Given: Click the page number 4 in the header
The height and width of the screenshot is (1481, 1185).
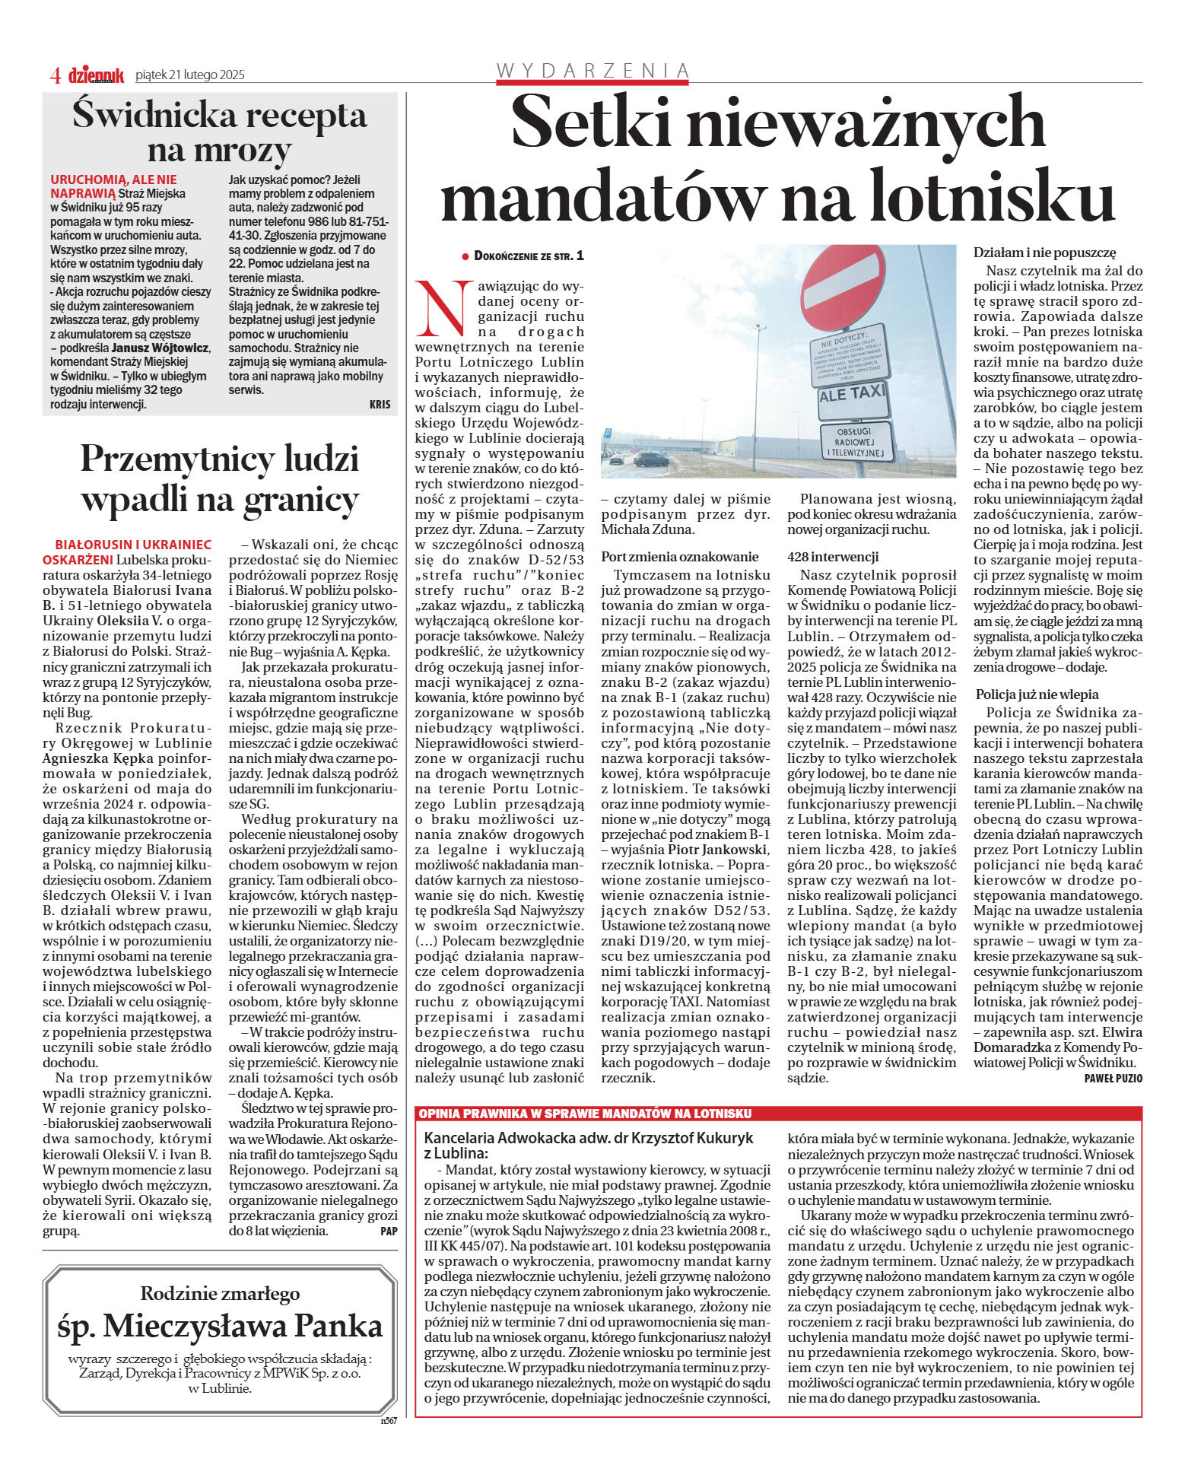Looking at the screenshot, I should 55,75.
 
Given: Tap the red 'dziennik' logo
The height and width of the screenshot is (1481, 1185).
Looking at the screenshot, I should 96,75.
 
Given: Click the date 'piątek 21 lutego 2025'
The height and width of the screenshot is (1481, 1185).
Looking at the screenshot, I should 189,75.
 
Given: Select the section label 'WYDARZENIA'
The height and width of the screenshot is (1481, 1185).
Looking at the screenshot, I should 592,71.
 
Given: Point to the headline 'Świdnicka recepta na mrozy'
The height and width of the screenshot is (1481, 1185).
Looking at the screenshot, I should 219,132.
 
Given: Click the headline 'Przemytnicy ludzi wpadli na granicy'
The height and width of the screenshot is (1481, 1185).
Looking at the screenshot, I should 219,479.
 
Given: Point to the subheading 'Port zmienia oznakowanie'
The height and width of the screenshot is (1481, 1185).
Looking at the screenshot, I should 679,556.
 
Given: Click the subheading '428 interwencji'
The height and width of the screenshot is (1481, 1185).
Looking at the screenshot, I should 833,556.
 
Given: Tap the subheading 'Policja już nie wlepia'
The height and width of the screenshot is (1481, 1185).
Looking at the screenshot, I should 1037,694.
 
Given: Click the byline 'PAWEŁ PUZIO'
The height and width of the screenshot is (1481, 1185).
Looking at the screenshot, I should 1113,1078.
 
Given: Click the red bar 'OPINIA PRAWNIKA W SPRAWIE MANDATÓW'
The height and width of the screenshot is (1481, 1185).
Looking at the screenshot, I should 585,1114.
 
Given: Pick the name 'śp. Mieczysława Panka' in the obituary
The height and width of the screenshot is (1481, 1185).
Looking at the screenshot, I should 220,1326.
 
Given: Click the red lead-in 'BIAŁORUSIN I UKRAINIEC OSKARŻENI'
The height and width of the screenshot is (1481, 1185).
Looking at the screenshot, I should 131,551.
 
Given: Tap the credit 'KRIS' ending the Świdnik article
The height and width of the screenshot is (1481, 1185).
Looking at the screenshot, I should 380,405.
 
